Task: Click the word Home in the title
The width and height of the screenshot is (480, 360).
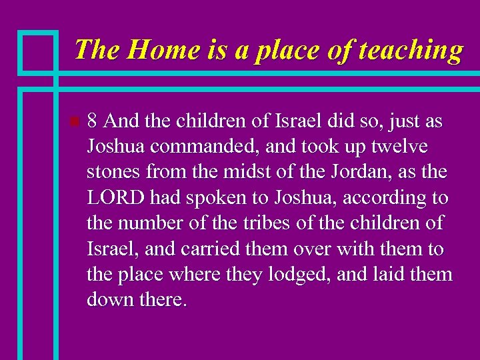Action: click(x=153, y=50)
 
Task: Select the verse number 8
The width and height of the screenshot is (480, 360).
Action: click(x=93, y=122)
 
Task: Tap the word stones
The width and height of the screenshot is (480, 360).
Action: click(x=112, y=173)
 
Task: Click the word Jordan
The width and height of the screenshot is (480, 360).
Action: click(x=343, y=173)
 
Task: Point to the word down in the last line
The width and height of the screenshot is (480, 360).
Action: click(x=109, y=299)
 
